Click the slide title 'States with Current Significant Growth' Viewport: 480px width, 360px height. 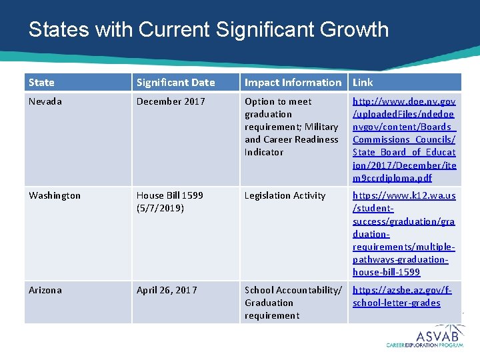[x=209, y=30]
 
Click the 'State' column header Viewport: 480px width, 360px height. [x=41, y=83]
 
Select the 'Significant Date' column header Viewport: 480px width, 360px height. [x=175, y=83]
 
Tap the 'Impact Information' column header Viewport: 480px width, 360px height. [x=293, y=83]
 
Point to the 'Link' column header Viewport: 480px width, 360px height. [x=363, y=83]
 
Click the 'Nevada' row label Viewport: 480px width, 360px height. [x=45, y=101]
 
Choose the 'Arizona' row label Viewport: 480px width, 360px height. [x=45, y=290]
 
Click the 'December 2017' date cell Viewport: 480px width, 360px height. [x=171, y=101]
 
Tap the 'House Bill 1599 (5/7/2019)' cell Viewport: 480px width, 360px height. [x=170, y=201]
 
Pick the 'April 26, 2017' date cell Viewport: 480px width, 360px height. [x=167, y=290]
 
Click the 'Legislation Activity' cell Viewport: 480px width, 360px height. [x=285, y=195]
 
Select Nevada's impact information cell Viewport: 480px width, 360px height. [x=291, y=127]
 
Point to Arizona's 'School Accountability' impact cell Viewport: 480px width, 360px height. [x=293, y=303]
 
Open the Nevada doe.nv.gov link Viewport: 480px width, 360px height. [x=404, y=139]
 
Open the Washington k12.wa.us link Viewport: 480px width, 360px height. [x=404, y=233]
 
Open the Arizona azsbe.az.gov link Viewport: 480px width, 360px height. [x=404, y=296]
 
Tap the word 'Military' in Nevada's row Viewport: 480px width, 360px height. [x=321, y=127]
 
